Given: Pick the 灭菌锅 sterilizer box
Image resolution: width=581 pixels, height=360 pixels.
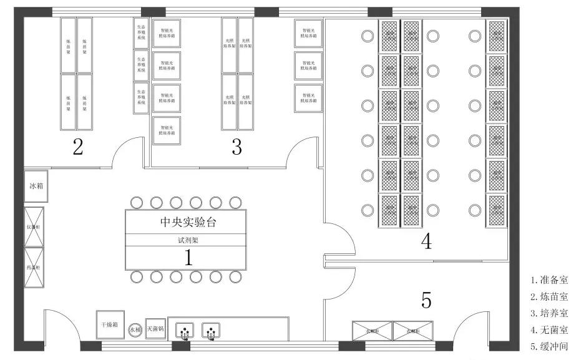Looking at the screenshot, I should [155, 329].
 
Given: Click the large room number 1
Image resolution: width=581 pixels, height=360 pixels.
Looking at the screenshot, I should [188, 257].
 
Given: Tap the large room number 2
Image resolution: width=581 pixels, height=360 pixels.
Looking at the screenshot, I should [77, 147].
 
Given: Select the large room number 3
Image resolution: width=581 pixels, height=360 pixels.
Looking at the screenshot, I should [237, 147].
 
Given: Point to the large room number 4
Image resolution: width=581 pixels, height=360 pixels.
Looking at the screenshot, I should [426, 241].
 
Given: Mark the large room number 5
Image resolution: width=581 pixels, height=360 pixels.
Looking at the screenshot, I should [426, 301].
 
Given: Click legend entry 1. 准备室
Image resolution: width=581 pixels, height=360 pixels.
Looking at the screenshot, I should [549, 281].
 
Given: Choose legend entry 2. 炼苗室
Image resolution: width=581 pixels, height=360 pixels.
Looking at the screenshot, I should [549, 297].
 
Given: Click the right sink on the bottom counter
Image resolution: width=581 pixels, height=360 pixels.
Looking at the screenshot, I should [211, 330].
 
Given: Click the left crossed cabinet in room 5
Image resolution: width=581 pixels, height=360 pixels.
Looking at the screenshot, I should [372, 331].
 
